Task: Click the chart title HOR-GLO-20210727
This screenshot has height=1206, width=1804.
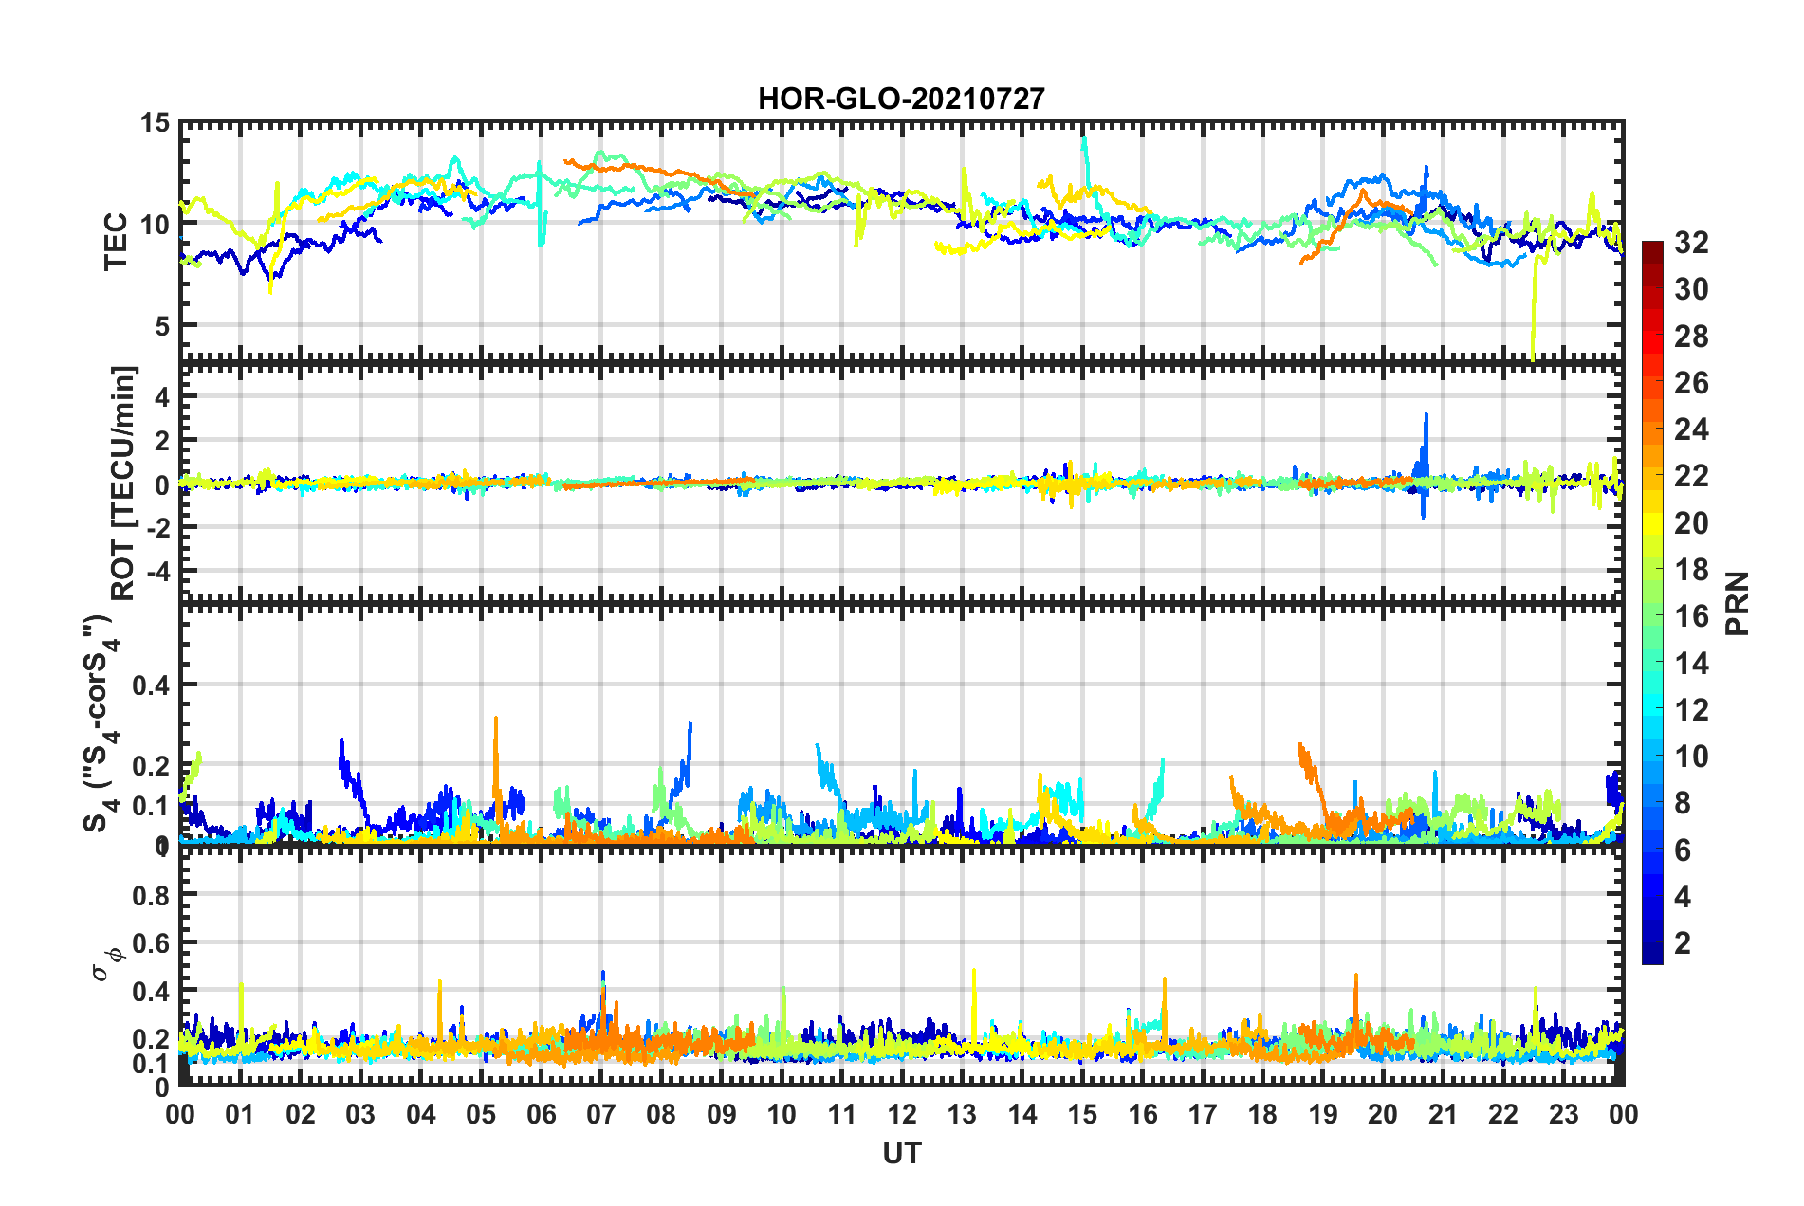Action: point(901,99)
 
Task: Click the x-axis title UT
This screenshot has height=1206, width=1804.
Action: point(901,1153)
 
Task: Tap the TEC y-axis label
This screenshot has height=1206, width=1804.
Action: point(116,242)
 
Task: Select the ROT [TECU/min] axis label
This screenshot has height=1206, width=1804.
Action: point(123,483)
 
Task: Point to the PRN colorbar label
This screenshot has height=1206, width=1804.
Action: point(1738,604)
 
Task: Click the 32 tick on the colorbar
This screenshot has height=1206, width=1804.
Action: point(1691,243)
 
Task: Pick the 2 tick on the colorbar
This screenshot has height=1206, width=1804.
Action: point(1683,942)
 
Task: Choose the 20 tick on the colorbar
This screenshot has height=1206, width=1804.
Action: point(1691,522)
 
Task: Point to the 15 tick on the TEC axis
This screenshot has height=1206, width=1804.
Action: point(155,123)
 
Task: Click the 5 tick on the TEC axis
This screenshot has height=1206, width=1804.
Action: point(161,325)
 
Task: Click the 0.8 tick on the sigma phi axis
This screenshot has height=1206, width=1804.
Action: point(151,895)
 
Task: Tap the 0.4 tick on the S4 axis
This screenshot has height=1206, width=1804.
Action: point(151,685)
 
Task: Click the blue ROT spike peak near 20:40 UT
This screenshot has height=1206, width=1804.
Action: point(1425,414)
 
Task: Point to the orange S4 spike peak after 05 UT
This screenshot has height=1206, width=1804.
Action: point(496,719)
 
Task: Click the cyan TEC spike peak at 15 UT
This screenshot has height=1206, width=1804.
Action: point(1084,137)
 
